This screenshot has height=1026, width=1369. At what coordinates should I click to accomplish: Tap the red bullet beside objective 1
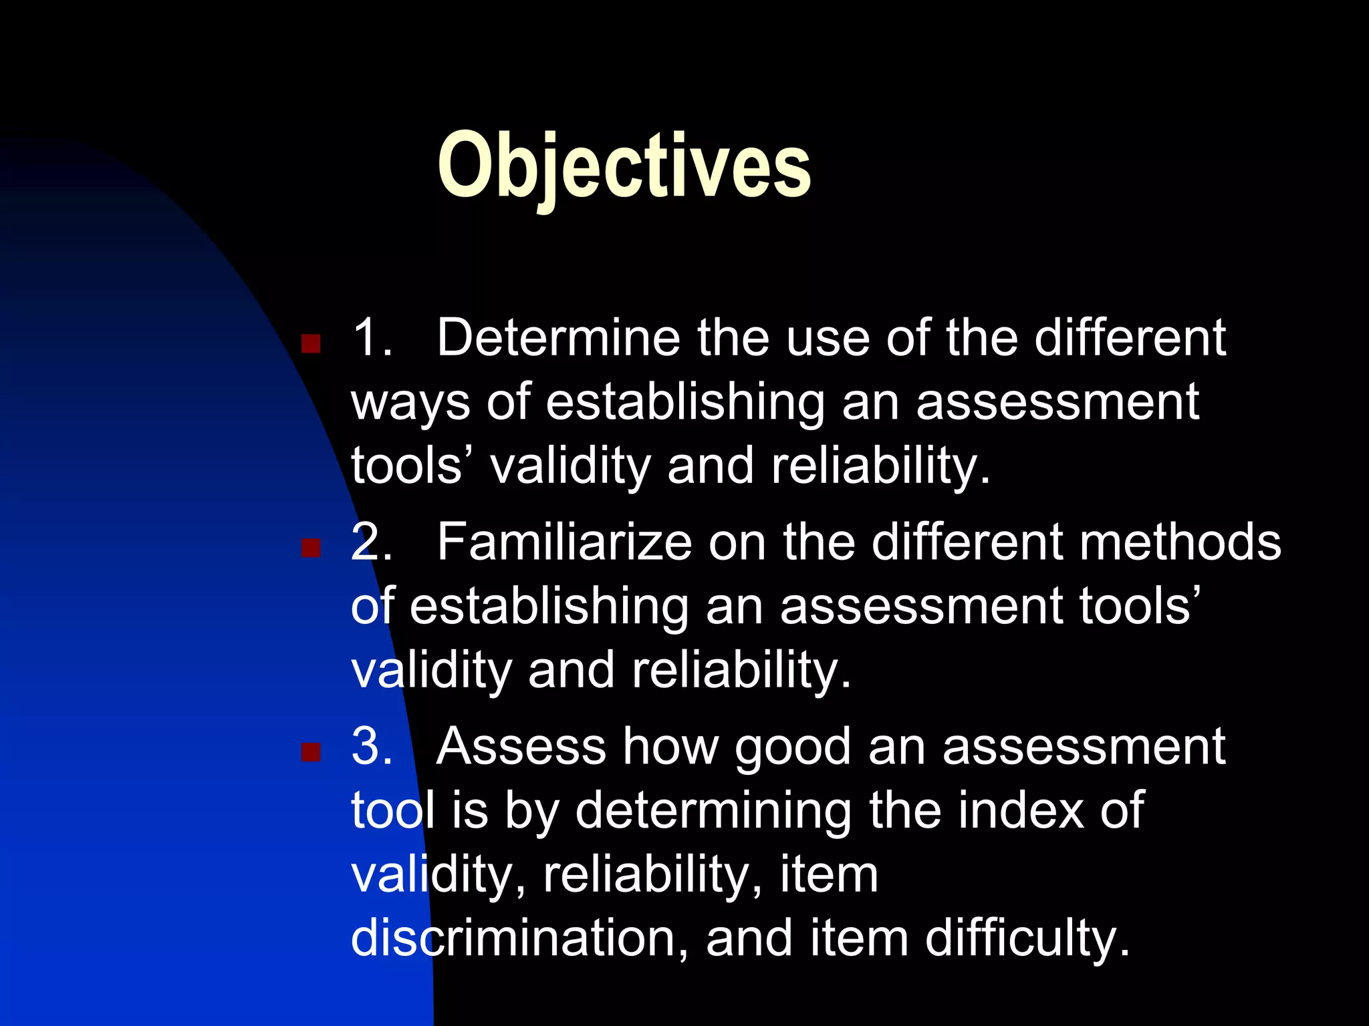click(311, 344)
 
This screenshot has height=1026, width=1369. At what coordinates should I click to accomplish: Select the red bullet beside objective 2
click(311, 548)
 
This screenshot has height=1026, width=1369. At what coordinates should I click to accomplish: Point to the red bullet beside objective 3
click(311, 753)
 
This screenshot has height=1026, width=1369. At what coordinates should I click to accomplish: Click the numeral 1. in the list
click(372, 338)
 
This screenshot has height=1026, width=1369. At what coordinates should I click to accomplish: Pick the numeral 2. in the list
click(372, 542)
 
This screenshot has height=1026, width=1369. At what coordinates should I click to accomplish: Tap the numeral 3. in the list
click(372, 747)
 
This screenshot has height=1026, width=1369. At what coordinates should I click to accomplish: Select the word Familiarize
click(564, 542)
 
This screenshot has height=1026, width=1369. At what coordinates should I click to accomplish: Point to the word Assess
click(521, 747)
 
